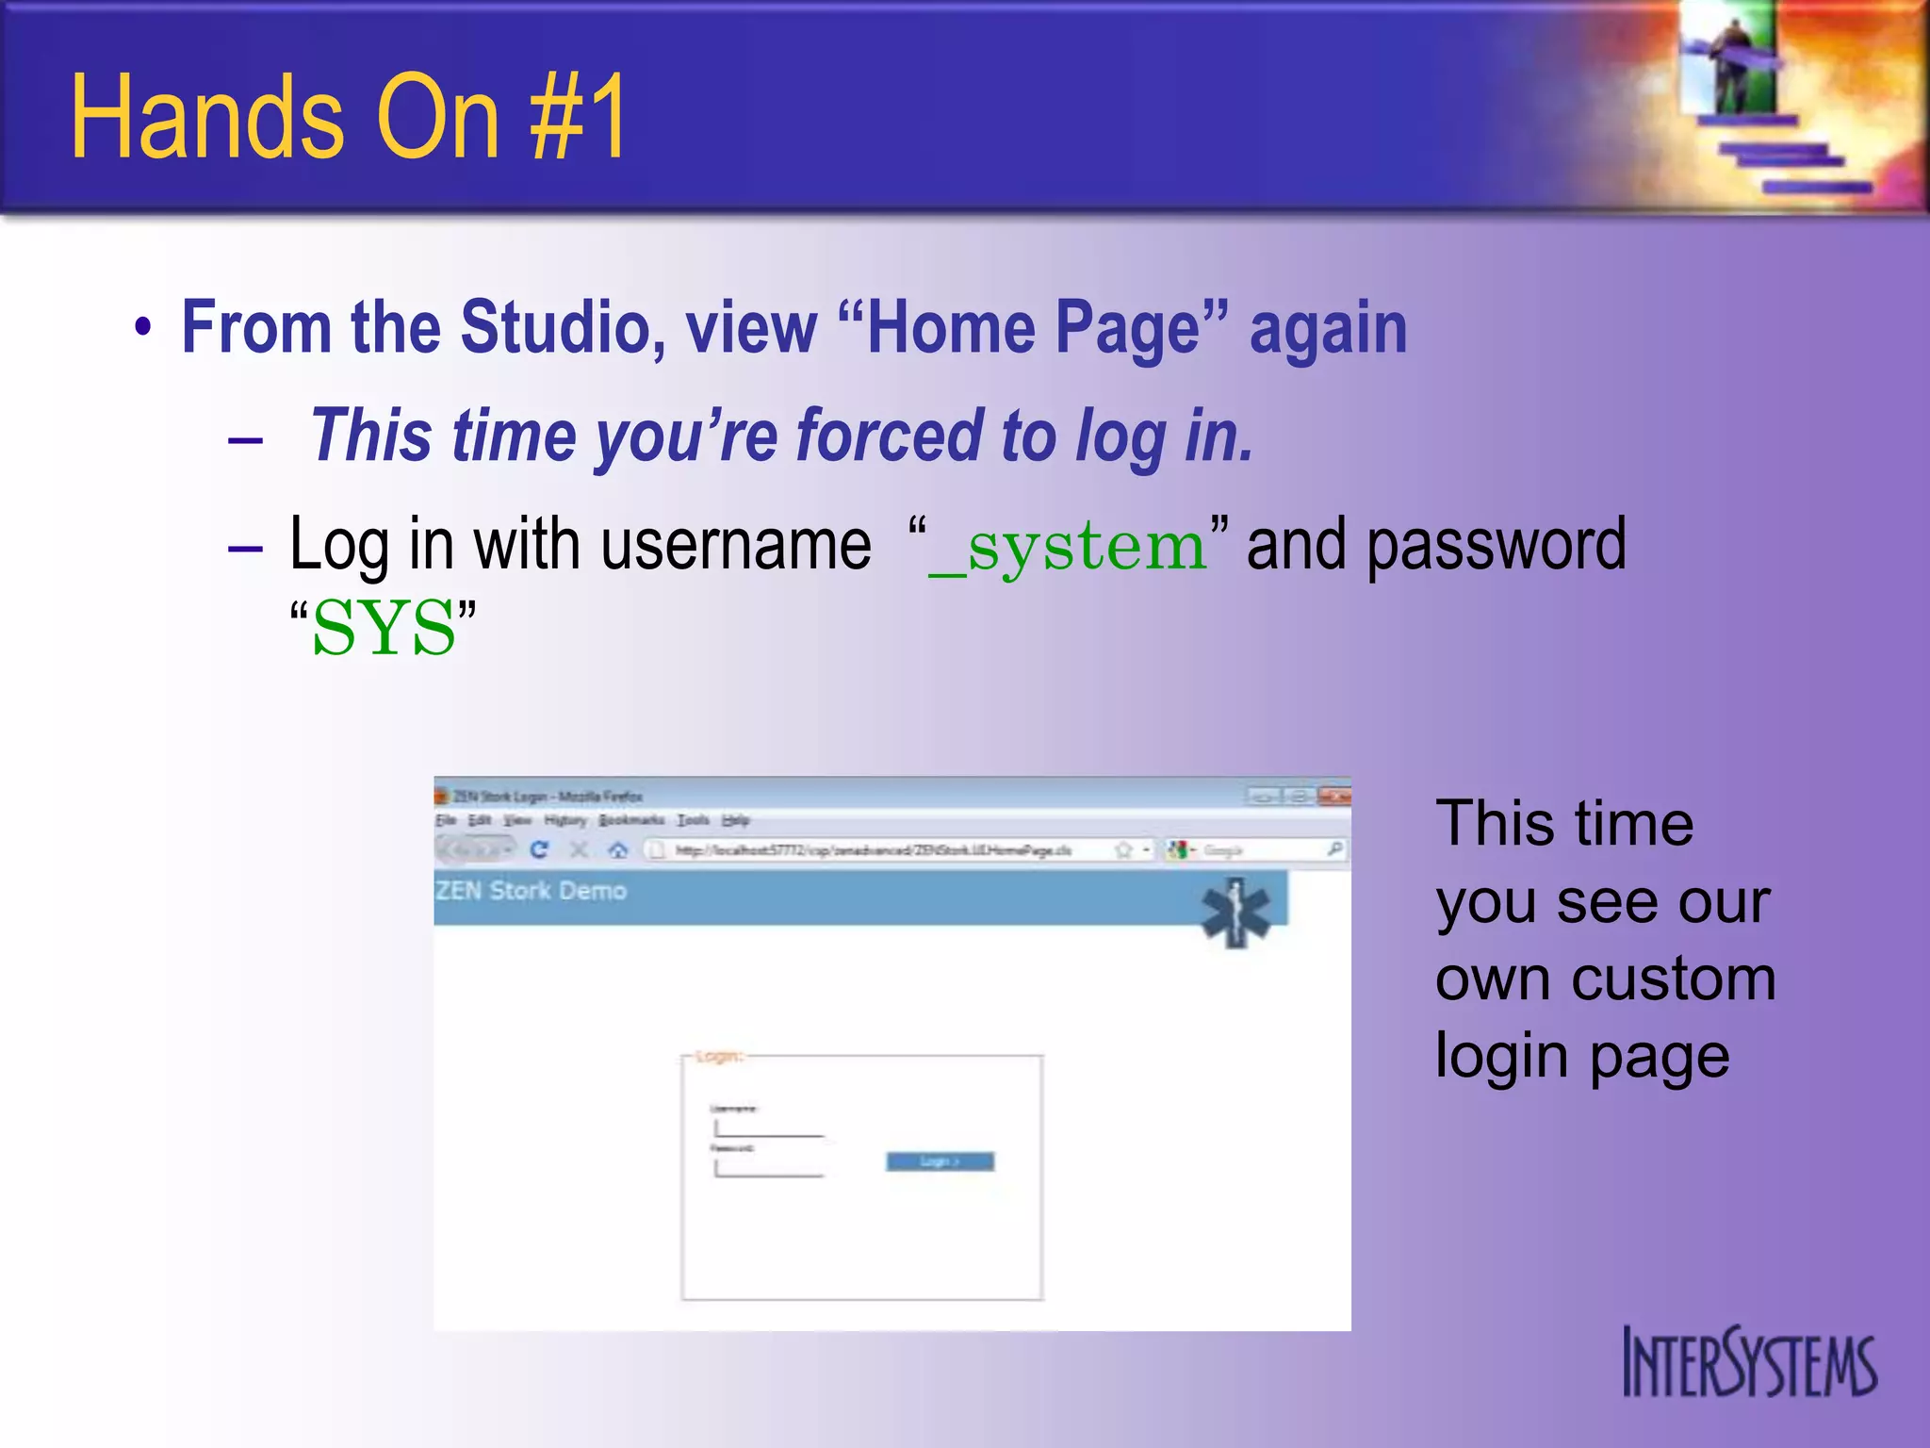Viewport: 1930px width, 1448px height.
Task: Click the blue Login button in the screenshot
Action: pyautogui.click(x=940, y=1161)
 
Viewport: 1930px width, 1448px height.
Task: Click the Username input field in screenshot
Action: pyautogui.click(x=768, y=1128)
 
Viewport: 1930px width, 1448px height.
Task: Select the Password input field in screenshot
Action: pyautogui.click(x=768, y=1168)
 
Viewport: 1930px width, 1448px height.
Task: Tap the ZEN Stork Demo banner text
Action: pyautogui.click(x=531, y=891)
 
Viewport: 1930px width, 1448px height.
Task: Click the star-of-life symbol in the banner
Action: pyautogui.click(x=1235, y=913)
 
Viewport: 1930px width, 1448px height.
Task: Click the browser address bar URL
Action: pyautogui.click(x=872, y=850)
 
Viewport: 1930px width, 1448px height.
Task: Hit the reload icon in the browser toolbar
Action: pyautogui.click(x=539, y=850)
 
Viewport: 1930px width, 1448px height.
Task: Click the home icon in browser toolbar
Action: pyautogui.click(x=617, y=850)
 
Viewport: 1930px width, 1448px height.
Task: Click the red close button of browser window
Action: pyautogui.click(x=1334, y=797)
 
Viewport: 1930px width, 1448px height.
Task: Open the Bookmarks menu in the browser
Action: pyautogui.click(x=630, y=820)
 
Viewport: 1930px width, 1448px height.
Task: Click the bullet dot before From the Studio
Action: pyautogui.click(x=142, y=328)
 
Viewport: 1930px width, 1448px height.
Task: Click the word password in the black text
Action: pyautogui.click(x=1496, y=545)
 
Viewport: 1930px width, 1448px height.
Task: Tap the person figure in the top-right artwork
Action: pyautogui.click(x=1732, y=61)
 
